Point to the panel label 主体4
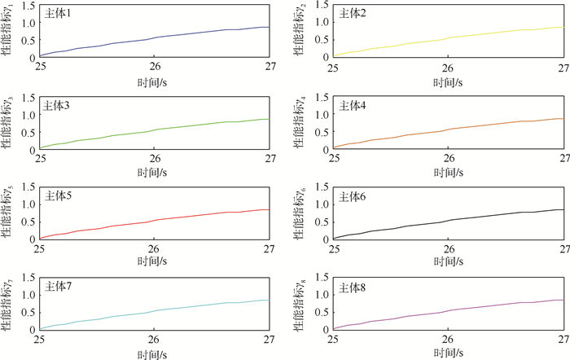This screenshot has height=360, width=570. tap(353, 104)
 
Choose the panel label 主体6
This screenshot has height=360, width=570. tap(353, 195)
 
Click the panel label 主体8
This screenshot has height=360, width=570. tap(353, 287)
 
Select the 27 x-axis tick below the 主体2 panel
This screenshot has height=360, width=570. tap(563, 66)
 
